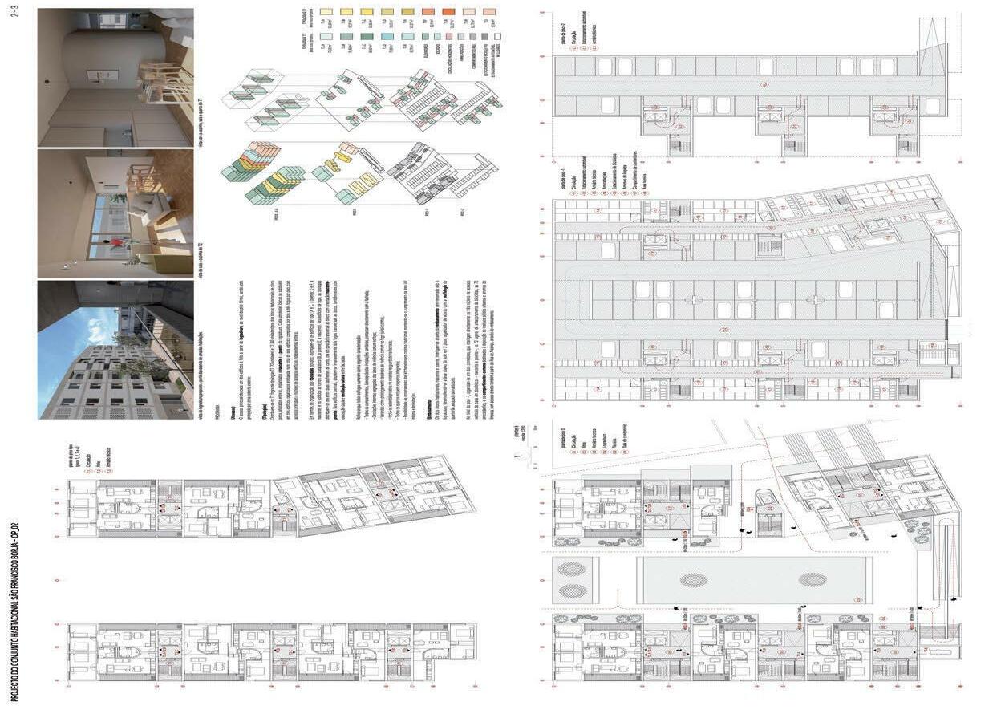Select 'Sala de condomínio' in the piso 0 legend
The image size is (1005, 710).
622,450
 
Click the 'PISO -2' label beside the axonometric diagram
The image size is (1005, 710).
462,212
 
